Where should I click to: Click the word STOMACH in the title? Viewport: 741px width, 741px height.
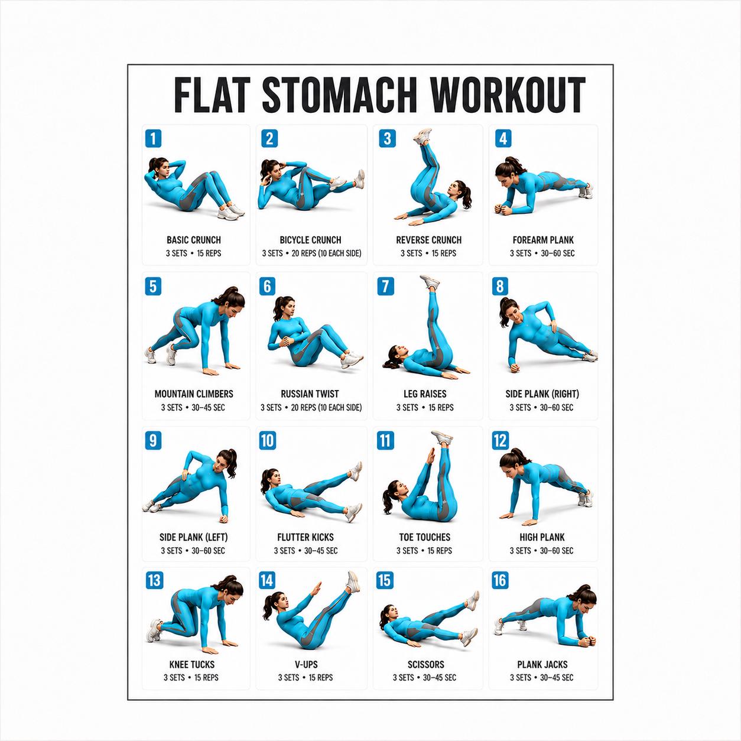340,95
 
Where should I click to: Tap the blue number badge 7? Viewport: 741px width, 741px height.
386,286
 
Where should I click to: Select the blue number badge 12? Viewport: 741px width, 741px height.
500,440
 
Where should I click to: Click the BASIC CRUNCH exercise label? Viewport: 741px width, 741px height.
194,240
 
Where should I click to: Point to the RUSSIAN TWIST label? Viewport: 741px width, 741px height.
310,394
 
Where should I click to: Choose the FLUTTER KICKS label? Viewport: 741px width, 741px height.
305,537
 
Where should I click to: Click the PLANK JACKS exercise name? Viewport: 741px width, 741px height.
542,665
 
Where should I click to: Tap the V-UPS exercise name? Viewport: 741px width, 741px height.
306,665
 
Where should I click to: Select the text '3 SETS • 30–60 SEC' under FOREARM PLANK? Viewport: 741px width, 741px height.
542,253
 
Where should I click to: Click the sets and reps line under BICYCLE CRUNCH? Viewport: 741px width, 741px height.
312,253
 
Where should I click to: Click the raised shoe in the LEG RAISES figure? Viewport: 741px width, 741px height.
430,282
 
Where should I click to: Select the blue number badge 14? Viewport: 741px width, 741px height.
267,581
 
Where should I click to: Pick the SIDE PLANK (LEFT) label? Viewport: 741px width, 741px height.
193,537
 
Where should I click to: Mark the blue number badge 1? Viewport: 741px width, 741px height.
154,138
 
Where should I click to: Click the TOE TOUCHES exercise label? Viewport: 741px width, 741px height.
424,537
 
